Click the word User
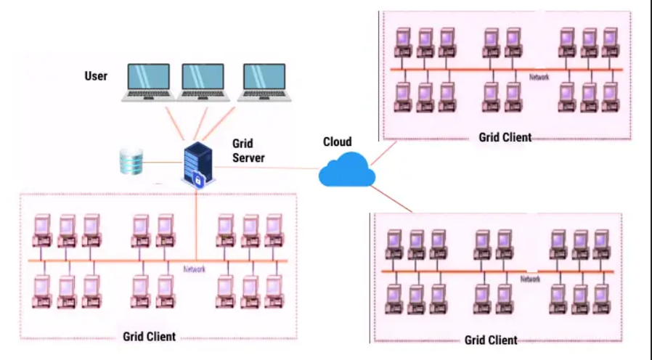click(95, 76)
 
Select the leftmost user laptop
click(148, 82)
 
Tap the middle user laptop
click(203, 82)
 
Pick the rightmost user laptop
click(263, 82)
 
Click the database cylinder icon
click(131, 161)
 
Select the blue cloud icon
click(347, 171)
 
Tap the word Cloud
click(337, 142)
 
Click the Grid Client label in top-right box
click(505, 137)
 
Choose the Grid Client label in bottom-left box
click(148, 336)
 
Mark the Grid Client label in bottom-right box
click(491, 340)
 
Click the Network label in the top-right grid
click(539, 76)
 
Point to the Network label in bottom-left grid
click(194, 269)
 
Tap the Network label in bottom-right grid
click(530, 279)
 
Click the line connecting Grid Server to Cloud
click(269, 169)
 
